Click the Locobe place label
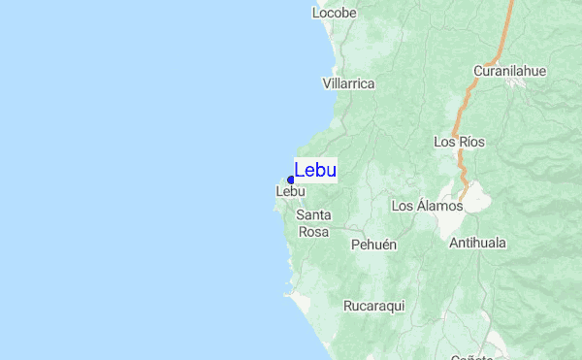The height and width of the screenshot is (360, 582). point(335,14)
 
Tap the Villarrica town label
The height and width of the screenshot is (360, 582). point(348,84)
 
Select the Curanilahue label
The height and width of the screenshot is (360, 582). point(510,71)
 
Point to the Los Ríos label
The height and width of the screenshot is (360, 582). point(459,142)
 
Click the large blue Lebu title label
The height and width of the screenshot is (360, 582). point(315,170)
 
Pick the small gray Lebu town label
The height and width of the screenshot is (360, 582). point(291,192)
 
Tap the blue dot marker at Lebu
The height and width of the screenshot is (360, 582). point(291,180)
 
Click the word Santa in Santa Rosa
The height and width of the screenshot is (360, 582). point(314,215)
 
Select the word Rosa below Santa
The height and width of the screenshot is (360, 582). point(314,232)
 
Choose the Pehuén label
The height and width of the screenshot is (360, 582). point(374,245)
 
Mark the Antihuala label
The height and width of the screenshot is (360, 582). point(477,243)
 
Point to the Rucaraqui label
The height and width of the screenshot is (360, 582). point(373,306)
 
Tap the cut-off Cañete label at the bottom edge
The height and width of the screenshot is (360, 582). point(472,356)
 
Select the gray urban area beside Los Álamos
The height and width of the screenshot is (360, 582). point(476,199)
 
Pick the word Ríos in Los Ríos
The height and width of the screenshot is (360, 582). point(471,142)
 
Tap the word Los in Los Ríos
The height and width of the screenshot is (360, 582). point(444,142)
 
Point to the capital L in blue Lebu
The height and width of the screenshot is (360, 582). point(300,170)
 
